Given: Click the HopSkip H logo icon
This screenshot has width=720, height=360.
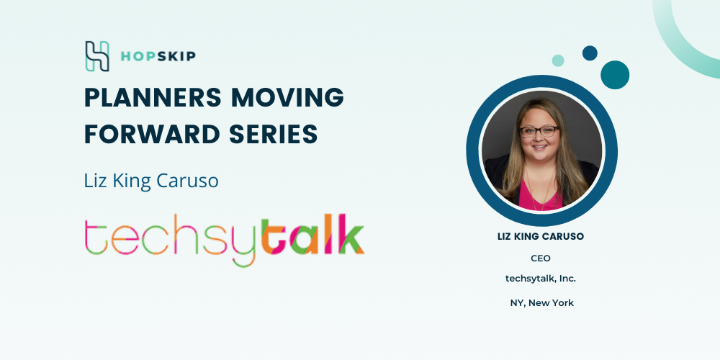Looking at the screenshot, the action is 97,56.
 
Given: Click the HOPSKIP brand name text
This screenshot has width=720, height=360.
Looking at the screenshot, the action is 158,56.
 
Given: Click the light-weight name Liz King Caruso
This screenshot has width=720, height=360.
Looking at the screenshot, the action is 151,181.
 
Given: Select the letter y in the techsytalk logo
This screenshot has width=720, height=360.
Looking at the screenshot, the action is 244,243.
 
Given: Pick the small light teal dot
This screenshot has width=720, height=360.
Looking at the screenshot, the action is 558,60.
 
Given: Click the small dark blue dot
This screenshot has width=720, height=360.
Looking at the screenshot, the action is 590,53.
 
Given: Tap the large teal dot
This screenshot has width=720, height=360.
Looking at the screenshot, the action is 615,75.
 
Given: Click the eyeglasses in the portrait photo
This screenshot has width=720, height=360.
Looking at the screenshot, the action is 539,132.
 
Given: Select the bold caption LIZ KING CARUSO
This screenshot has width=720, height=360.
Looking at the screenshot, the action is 541,237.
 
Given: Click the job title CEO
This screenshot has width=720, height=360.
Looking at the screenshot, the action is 541,258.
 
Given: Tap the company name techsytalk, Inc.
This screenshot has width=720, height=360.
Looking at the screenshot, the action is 541,279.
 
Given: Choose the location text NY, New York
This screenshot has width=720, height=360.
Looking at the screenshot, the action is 542,303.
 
